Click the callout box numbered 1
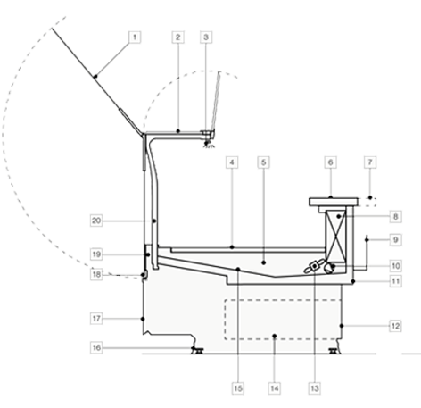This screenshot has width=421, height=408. pos(135,37)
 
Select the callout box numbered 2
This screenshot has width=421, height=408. pos(178,37)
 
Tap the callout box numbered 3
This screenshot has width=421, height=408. pos(206,37)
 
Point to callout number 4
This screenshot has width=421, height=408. pos(232,162)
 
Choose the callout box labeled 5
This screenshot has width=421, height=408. pos(264,162)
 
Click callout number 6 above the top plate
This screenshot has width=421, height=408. pos(331,162)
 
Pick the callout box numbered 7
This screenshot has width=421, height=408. pos(370,162)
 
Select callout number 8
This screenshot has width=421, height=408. pos(395,216)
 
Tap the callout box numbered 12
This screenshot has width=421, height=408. pos(395,326)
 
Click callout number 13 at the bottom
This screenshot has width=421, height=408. pos(315,388)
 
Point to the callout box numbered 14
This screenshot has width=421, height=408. pos(275,388)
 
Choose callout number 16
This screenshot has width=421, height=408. pos(96,347)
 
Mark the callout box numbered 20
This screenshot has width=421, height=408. pos(96,221)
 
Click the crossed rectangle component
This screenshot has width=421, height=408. pos(336,235)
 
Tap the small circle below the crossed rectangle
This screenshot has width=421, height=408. pos(329,268)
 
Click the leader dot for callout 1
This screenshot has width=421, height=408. pos(95,77)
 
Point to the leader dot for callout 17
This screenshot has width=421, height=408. pos(143,319)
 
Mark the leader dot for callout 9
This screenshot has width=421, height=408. pos(367,240)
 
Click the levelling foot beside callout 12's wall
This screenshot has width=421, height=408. pos(333,351)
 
